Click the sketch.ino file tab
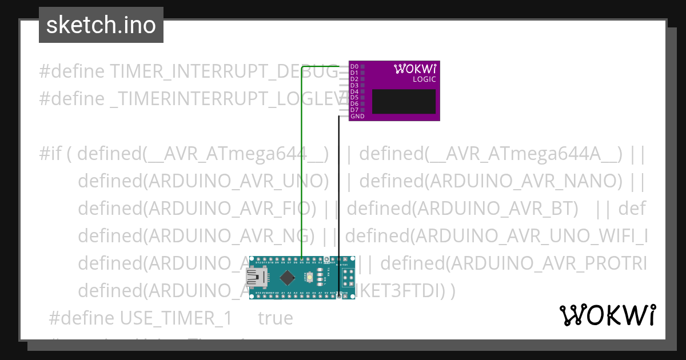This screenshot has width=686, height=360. point(101,25)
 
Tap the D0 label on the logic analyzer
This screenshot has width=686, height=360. point(354,67)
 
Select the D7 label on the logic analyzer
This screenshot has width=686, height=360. point(354,110)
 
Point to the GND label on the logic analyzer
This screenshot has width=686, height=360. point(357,116)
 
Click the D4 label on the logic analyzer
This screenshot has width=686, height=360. point(354,91)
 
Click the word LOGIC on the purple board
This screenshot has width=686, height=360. point(424,79)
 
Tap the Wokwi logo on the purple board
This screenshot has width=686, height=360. point(416,69)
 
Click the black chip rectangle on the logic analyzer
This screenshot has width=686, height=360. point(404,101)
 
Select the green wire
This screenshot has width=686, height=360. point(301,171)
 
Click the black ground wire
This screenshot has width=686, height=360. point(339,200)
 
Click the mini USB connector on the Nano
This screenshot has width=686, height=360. point(257,278)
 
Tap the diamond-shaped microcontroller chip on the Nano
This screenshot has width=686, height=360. point(287,278)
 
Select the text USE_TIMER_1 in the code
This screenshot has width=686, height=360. point(176,318)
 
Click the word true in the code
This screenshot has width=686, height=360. point(275,318)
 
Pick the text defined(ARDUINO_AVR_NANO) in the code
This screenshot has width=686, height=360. point(490,181)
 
